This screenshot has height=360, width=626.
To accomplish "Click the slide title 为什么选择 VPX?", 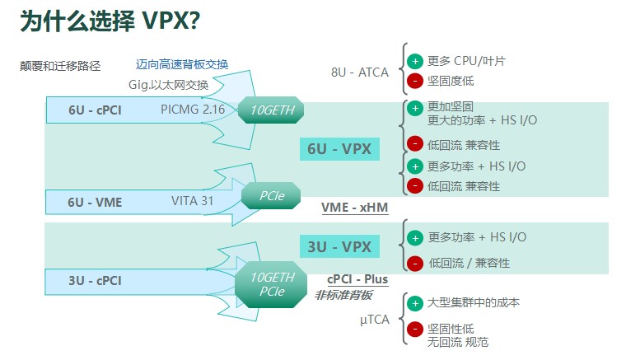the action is coord(110,21).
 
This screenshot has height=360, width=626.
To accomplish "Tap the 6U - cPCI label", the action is coord(95,110).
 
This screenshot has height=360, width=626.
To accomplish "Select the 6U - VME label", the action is coord(95,203).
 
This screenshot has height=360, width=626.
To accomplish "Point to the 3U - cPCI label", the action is coord(95,281).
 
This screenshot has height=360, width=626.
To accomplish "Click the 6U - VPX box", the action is coord(339,149).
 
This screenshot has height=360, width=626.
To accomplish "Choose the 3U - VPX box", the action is coord(339,246).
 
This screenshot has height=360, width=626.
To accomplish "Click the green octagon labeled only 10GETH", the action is coord(271,110).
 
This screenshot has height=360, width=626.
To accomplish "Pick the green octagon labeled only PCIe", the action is coord(271,195).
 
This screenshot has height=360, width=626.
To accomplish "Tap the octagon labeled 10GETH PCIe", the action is coord(271,284).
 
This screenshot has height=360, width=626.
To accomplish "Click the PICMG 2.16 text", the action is coord(193,110).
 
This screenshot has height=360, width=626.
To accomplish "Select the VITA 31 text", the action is coord(193,201).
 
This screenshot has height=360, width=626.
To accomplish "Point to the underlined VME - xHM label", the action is coord(354,208).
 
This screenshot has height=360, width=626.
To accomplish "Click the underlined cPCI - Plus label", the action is coord(357,279).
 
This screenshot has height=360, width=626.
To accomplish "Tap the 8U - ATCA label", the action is coord(360,72).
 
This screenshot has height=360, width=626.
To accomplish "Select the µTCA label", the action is coord(375,320).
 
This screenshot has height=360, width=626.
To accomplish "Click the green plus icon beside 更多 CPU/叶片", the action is coord(415,62).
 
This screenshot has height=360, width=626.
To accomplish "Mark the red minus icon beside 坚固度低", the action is coord(415,81).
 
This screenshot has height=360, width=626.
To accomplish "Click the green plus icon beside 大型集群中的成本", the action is coord(415,303).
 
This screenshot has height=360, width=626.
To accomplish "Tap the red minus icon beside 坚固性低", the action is coord(415,330).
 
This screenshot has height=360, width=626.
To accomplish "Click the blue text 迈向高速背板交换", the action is coord(182,64).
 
